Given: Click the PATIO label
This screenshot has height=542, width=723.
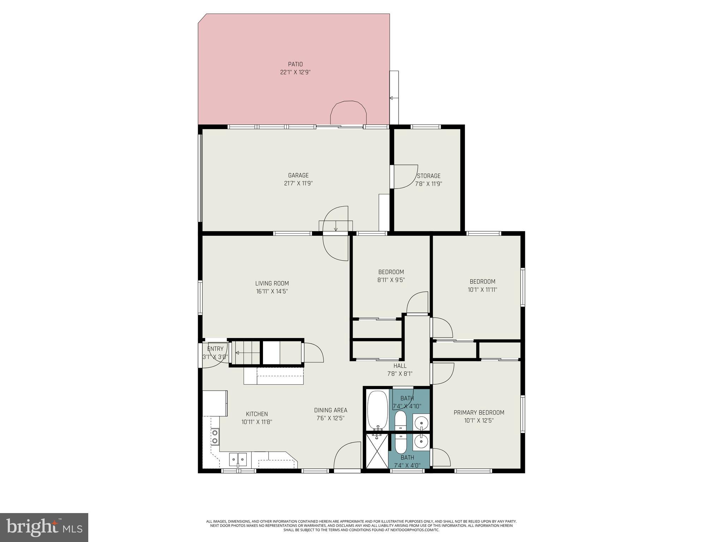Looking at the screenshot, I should click(295, 64).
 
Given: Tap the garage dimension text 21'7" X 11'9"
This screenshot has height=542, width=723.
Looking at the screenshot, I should click(298, 183).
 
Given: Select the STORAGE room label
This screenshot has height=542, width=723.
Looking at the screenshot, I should click(429, 176).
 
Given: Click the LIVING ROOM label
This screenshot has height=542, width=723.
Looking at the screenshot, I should click(272, 283).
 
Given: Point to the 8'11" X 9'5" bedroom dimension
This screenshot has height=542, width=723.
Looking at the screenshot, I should click(391, 280).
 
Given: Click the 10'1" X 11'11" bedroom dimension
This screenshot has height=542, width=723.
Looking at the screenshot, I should click(482, 290).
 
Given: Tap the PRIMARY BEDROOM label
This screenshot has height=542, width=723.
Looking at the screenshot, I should click(479, 412).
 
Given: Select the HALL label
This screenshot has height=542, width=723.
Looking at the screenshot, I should click(400, 366).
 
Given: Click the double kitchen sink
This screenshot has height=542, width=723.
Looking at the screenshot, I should click(238, 459).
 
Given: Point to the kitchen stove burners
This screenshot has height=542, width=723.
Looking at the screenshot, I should click(214, 436).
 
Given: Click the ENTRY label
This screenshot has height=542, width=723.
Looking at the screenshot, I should click(215, 349).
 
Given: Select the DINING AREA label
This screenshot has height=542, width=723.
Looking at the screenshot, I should click(330, 410).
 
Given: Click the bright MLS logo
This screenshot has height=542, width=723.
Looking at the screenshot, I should click(44, 527).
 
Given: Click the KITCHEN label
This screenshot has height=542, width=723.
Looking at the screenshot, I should click(257, 414).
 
